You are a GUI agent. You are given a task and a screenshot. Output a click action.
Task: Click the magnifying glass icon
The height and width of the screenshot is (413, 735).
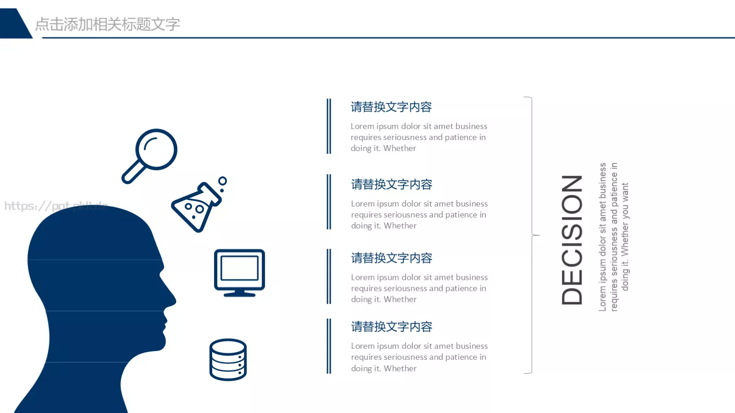150,155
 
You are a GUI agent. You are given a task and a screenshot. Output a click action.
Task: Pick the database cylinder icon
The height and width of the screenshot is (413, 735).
228,360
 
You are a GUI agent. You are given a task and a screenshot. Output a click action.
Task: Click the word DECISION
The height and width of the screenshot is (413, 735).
572,240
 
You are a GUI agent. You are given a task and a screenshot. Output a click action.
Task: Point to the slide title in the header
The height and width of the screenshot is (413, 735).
107,24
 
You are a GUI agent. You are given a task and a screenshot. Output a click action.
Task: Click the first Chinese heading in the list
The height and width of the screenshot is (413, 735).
391,107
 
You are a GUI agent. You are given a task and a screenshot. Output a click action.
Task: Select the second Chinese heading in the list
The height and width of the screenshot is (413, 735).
391,184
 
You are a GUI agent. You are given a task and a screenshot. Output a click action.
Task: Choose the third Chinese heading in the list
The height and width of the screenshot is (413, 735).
391,258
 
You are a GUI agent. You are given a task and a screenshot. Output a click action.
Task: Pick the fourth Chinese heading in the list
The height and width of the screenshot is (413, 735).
391,327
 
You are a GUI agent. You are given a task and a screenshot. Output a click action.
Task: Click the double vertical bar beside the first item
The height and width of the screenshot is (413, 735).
329,126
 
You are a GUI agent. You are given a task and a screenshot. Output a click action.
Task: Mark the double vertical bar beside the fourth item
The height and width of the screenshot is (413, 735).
329,346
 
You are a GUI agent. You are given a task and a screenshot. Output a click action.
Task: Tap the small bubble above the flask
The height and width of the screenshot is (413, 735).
223,181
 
